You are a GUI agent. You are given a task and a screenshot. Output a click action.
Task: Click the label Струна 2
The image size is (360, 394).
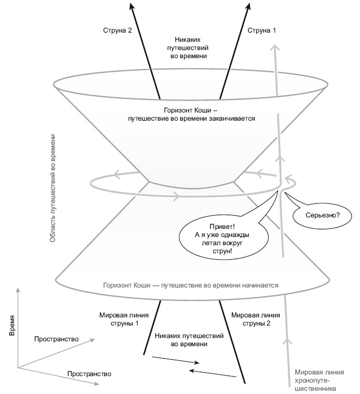(x=118, y=31)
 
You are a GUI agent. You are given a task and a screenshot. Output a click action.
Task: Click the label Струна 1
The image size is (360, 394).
(x=262, y=31)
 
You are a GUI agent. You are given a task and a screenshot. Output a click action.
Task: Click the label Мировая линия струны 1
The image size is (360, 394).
(x=119, y=318)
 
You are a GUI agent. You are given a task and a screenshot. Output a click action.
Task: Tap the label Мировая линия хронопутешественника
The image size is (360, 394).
(x=319, y=380)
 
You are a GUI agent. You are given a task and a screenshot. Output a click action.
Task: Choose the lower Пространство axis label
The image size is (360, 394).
(x=90, y=374)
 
